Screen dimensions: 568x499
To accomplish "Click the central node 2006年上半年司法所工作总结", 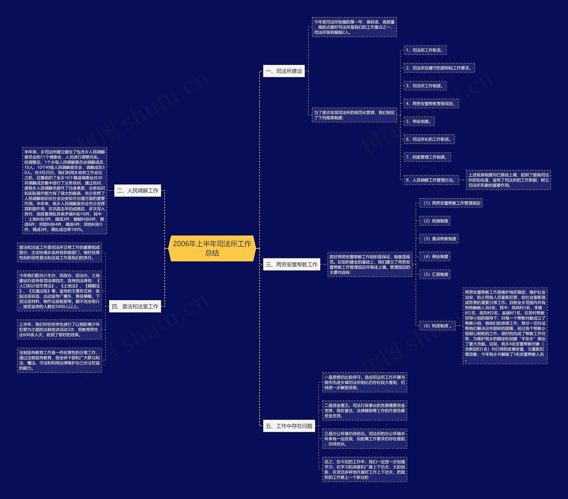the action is click(x=212, y=248).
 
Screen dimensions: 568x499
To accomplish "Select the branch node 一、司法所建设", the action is click(x=284, y=71).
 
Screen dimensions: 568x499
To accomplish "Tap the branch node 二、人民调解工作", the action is click(x=138, y=191).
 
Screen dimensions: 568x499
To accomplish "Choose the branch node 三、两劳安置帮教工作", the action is click(x=292, y=264).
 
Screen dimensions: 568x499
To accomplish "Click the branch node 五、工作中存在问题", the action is click(x=289, y=426).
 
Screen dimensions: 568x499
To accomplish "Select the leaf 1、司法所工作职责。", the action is click(x=425, y=50).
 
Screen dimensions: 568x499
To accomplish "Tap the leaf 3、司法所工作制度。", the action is click(x=425, y=86).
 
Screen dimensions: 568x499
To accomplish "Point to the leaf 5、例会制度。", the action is click(x=419, y=121).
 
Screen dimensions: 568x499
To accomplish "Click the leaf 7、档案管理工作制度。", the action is click(x=427, y=157).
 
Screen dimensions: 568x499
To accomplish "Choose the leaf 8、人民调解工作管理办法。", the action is click(x=431, y=180).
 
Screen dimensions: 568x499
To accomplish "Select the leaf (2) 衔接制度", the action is click(x=435, y=221).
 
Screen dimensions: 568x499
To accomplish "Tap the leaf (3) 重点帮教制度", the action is click(x=439, y=239).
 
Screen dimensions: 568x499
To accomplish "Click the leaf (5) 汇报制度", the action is click(x=435, y=274).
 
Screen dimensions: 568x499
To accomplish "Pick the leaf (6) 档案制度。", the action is click(x=437, y=326).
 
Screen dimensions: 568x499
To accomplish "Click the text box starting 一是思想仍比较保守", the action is click(x=365, y=382).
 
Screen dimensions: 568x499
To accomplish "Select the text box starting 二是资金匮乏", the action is click(x=365, y=410).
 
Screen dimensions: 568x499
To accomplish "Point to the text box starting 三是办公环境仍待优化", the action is click(x=365, y=439).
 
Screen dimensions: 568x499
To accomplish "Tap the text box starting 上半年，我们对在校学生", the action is click(x=59, y=329).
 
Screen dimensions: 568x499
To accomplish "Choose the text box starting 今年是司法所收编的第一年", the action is click(x=354, y=27).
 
